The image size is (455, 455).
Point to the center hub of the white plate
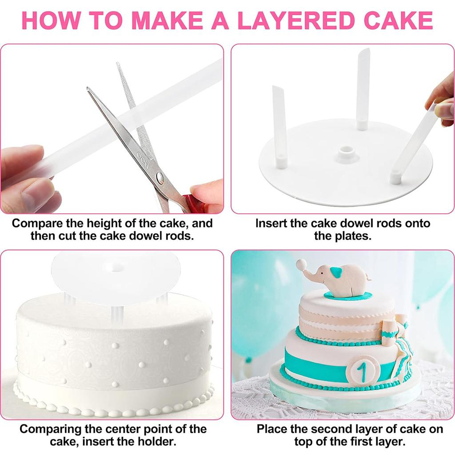[344, 152]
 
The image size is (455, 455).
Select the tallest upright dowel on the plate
[363, 89]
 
